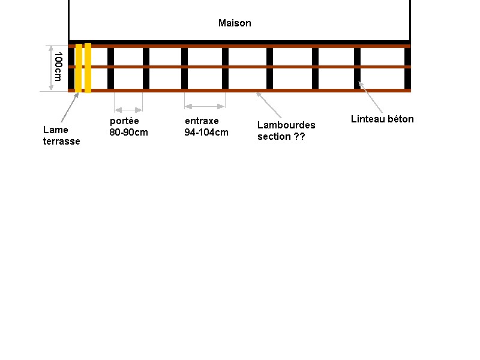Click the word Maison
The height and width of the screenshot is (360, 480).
coord(235,23)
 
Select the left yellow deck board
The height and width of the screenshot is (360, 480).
coord(79,68)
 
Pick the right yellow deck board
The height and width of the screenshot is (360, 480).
coord(88,68)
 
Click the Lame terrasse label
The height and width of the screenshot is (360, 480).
coord(61,136)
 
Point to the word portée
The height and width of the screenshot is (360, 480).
coord(124,121)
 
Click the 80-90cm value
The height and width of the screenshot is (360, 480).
coord(128,132)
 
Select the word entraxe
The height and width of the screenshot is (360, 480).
coord(202,121)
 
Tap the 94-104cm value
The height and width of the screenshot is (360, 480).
coord(206,132)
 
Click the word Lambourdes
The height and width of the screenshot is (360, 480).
coord(286,125)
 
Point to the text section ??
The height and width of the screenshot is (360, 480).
coord(281,137)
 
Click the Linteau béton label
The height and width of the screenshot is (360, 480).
coord(382,119)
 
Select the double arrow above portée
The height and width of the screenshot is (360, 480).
coord(128,110)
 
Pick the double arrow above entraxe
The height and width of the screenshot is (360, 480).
coord(205,107)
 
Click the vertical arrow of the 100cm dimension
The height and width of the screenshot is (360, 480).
coord(51,68)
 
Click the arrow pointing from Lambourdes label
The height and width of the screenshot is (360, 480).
coord(268,105)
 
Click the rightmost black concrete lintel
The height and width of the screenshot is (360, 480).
coord(408,68)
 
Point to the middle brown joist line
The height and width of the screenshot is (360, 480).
coord(240,67)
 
